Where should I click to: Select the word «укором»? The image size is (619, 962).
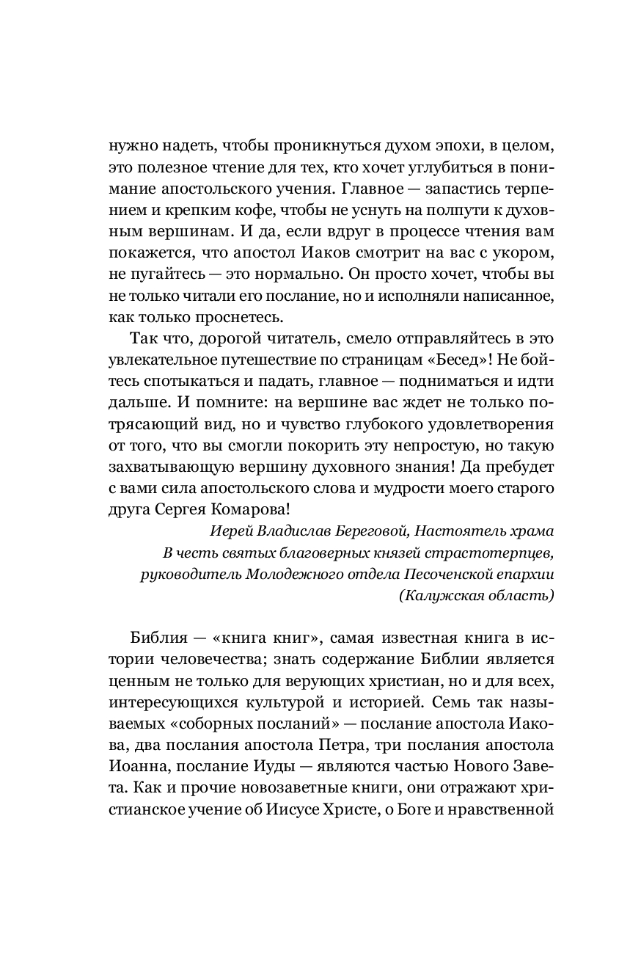pyautogui.click(x=522, y=258)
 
